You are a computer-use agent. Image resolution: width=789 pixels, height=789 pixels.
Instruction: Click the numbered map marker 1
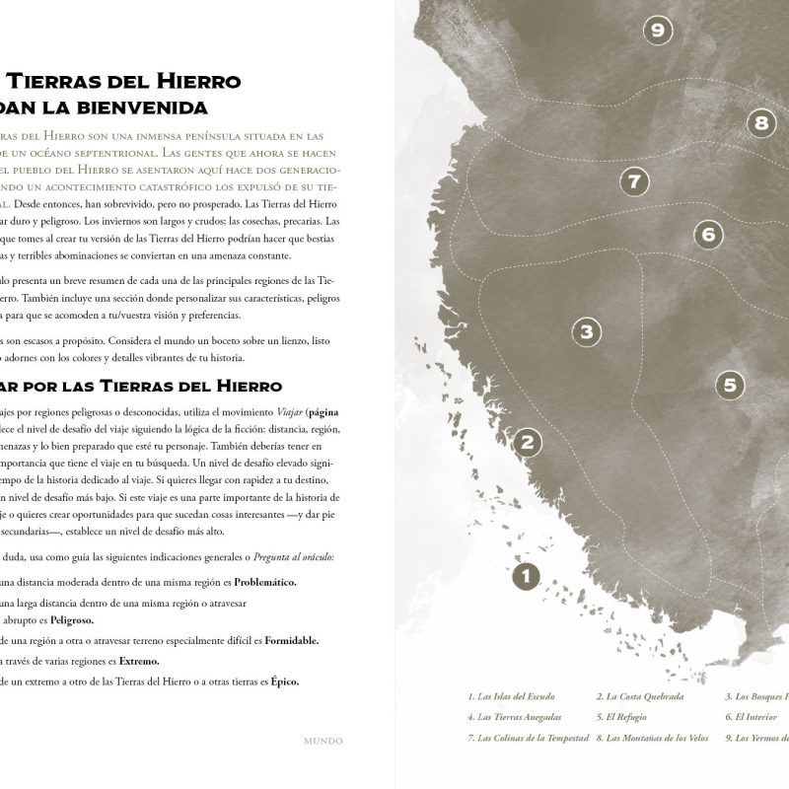tap(526, 575)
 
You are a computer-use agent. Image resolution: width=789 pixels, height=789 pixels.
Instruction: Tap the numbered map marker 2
tap(528, 443)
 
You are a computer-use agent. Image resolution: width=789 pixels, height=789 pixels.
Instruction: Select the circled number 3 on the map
tap(586, 331)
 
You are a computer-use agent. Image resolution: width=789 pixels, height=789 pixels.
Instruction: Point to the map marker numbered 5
tap(729, 385)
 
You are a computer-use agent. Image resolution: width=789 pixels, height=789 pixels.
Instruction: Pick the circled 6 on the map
tap(708, 234)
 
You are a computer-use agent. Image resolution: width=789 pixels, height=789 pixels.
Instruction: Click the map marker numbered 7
tap(634, 181)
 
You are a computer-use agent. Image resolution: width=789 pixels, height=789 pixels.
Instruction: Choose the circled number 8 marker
tap(760, 123)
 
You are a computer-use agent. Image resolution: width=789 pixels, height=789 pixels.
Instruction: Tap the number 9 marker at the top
tap(657, 31)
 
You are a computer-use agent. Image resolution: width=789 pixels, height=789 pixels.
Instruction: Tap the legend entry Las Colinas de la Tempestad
tap(529, 738)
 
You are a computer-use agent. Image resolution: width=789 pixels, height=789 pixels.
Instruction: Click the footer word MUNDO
tap(323, 739)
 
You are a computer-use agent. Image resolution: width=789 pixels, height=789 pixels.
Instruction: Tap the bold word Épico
tap(285, 681)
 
